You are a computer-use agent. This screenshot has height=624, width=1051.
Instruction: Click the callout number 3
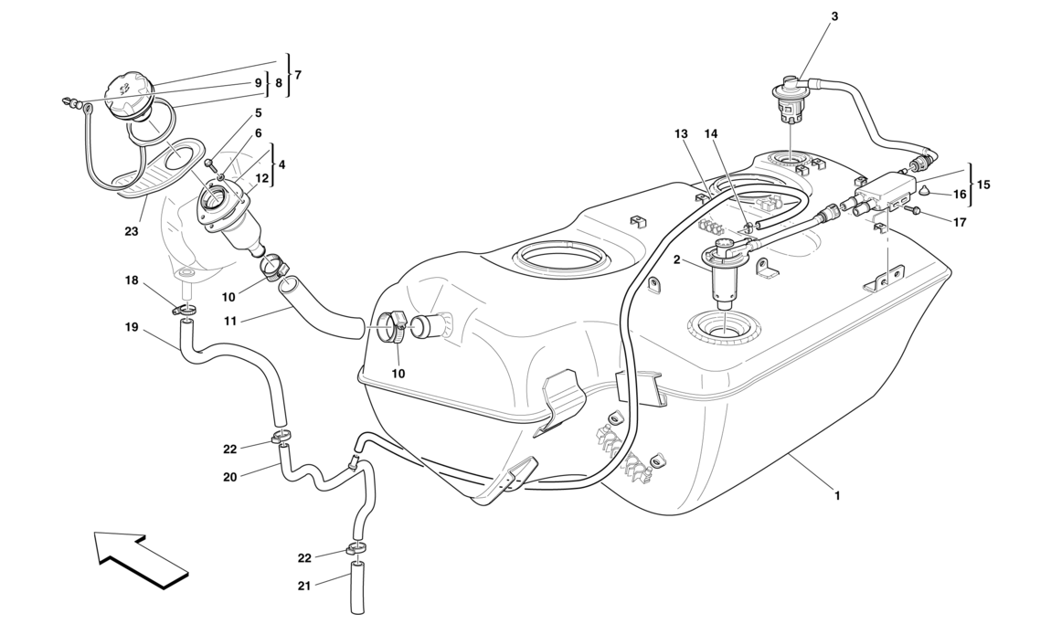(834, 16)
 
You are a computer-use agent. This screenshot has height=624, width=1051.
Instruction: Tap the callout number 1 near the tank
(837, 496)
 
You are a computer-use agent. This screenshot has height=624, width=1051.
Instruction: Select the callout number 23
(132, 231)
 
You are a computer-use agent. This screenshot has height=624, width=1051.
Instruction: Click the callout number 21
(304, 586)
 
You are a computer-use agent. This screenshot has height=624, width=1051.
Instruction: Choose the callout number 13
(680, 133)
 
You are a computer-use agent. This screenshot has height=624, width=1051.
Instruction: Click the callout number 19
(133, 326)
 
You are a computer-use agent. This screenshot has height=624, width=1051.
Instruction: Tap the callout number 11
(230, 321)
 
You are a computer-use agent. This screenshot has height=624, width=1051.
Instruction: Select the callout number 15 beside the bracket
(982, 184)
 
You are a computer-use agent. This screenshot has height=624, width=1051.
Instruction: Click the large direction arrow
(139, 557)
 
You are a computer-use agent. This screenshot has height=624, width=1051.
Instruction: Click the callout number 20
(230, 477)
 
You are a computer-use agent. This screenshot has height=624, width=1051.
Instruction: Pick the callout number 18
(133, 280)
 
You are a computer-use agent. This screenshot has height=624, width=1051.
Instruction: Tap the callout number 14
(711, 133)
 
